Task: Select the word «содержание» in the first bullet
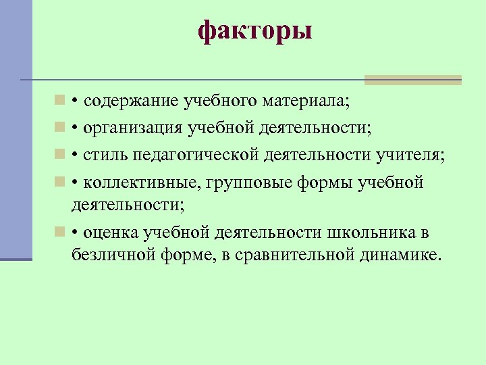pyautogui.click(x=128, y=102)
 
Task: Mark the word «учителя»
pyautogui.click(x=411, y=155)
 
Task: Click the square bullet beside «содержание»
pyautogui.click(x=60, y=101)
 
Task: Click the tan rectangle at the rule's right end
pyautogui.click(x=412, y=80)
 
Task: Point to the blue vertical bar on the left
pyautogui.click(x=16, y=128)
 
